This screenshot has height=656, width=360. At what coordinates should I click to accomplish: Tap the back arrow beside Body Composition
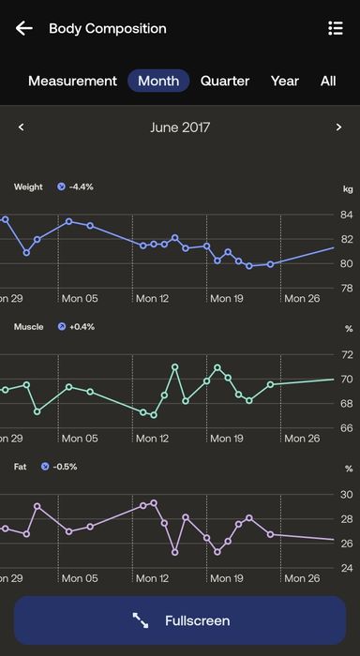click(x=23, y=28)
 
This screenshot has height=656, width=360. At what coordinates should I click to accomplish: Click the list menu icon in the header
click(x=336, y=28)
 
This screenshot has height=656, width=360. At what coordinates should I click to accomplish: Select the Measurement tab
click(x=72, y=81)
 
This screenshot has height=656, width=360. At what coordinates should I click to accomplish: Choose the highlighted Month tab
click(x=158, y=81)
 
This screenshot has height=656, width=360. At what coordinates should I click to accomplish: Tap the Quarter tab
click(x=225, y=81)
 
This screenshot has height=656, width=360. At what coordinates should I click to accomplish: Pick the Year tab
click(x=285, y=81)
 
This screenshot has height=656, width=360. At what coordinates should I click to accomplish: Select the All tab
click(x=328, y=81)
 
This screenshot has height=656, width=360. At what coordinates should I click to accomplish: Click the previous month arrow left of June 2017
click(x=22, y=127)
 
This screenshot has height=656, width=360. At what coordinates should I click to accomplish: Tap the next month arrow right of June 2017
click(x=338, y=127)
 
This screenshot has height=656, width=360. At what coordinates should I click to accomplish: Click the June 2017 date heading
click(x=180, y=127)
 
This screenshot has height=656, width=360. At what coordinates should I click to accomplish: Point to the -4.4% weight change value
click(x=81, y=187)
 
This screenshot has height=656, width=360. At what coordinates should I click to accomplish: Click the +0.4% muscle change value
click(x=82, y=327)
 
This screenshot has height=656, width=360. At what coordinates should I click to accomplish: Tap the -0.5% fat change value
click(x=65, y=467)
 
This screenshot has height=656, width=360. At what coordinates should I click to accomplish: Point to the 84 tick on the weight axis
click(x=346, y=215)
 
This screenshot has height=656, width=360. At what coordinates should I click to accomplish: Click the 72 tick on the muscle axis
click(x=346, y=355)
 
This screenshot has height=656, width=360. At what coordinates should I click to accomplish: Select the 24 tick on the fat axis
click(x=346, y=568)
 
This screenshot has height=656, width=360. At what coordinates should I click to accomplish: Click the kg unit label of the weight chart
click(x=348, y=189)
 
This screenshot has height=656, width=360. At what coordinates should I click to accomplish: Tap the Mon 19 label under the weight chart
click(x=227, y=298)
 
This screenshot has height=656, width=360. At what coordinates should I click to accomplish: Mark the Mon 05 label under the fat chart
click(x=80, y=578)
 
